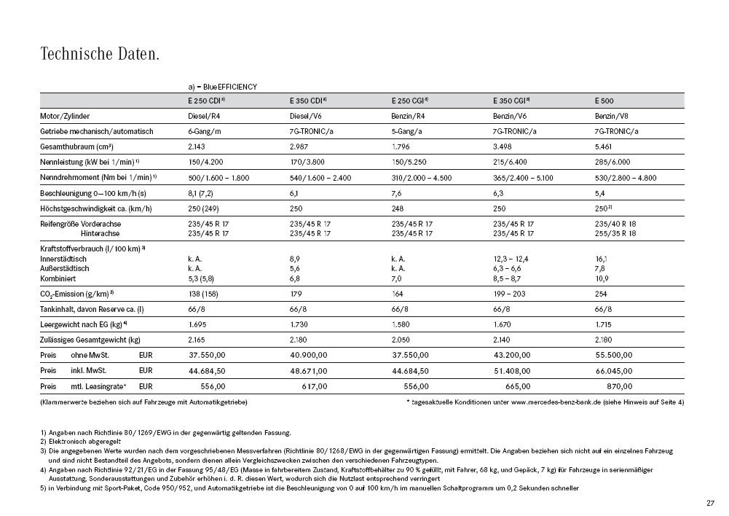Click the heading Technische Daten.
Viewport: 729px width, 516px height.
tap(100, 54)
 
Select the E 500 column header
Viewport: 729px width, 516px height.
tap(606, 101)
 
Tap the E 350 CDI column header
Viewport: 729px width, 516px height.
tap(307, 101)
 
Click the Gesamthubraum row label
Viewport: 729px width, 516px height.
tap(74, 146)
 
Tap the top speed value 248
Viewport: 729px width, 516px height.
tap(398, 208)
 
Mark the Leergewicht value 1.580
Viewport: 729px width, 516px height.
tap(402, 324)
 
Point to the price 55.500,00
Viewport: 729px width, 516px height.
tap(620, 355)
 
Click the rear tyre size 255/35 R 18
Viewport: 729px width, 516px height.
tap(615, 233)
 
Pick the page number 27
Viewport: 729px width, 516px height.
tap(710, 503)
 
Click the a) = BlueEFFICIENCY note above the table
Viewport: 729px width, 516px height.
tap(222, 87)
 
